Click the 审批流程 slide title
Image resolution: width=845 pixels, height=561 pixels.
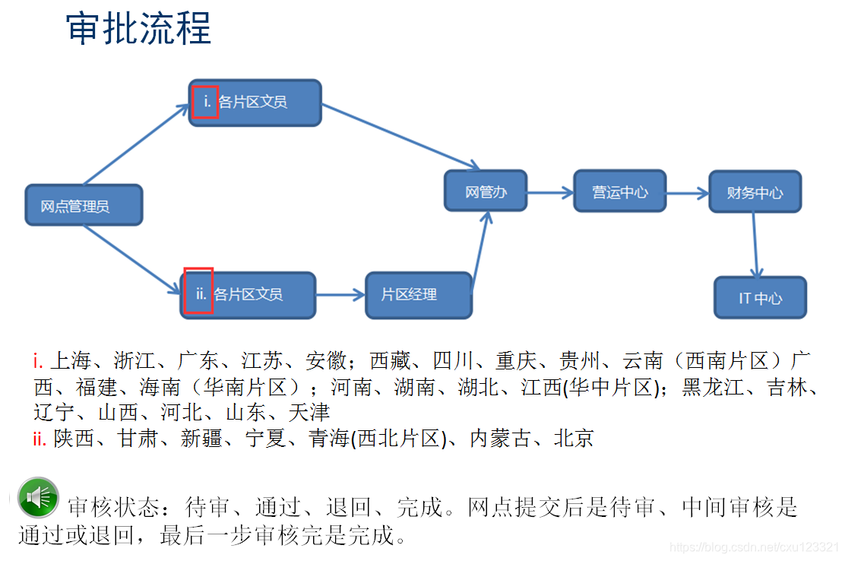point(139,28)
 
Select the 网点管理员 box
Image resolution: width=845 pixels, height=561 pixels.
point(84,204)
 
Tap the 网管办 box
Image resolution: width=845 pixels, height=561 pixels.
point(486,191)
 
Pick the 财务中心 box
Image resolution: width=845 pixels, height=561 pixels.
point(754,192)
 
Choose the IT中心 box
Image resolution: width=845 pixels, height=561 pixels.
point(760,297)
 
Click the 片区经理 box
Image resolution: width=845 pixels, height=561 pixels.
point(418,294)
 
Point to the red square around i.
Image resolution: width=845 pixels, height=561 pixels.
point(205,101)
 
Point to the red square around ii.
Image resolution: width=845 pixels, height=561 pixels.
point(199,293)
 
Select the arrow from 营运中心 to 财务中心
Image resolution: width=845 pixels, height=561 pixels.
point(687,193)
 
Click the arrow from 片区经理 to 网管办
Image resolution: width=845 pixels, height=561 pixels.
point(481,251)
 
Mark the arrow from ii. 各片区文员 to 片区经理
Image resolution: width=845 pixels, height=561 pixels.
point(340,295)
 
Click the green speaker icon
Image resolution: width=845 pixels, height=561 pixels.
point(38,497)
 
